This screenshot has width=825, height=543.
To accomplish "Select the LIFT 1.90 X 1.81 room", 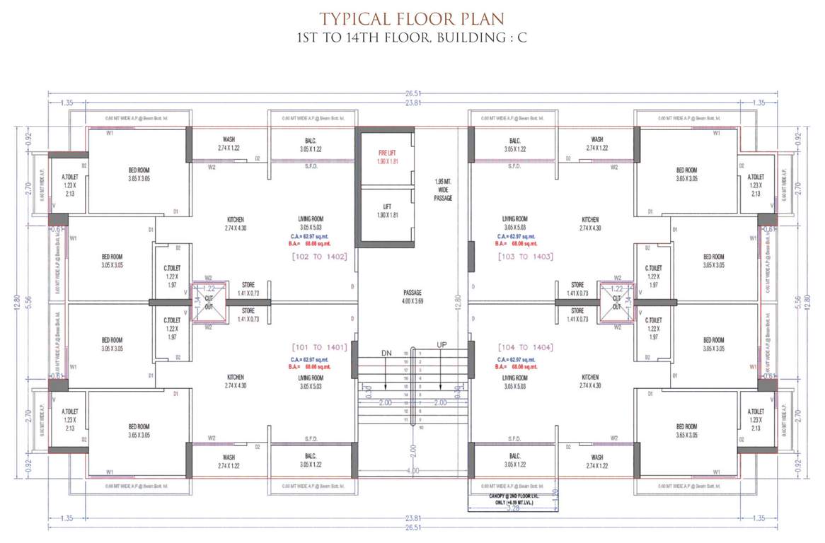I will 384,210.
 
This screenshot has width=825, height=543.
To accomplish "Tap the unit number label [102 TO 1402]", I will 320,257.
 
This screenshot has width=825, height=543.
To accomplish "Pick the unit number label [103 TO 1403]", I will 525,257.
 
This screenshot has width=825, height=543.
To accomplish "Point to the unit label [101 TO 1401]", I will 319,347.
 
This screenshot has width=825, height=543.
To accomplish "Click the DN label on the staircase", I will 386,352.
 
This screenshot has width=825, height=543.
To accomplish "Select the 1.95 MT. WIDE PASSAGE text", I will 444,189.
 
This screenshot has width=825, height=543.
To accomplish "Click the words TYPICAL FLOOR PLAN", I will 412,18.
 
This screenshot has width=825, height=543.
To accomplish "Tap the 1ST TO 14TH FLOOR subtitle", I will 412,37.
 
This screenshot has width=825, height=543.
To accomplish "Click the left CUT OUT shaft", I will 209,303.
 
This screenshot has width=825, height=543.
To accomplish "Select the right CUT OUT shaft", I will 616,303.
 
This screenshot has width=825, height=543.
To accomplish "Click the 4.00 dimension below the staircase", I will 413,470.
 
